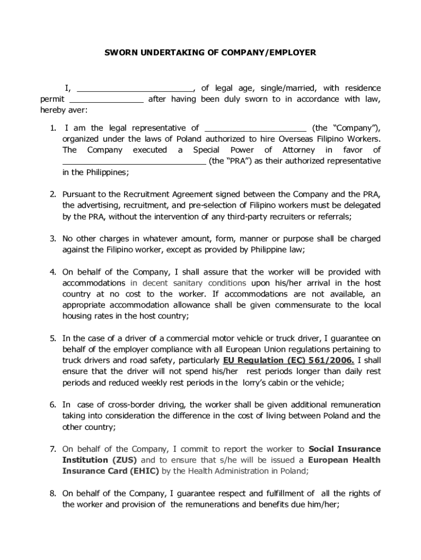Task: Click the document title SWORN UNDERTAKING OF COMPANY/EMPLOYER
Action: pyautogui.click(x=210, y=53)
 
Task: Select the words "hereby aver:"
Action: pyautogui.click(x=63, y=110)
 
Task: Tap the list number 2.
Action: pyautogui.click(x=53, y=194)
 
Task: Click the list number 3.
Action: pyautogui.click(x=53, y=239)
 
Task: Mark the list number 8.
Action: pyautogui.click(x=53, y=493)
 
